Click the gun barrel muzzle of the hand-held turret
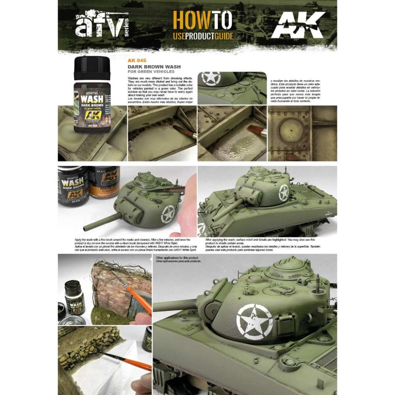click(x=85, y=228)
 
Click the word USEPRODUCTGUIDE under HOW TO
click(x=203, y=37)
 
